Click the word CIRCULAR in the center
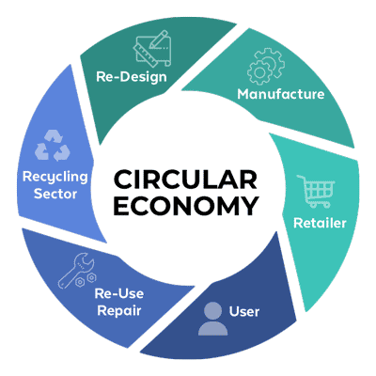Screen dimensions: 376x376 185,180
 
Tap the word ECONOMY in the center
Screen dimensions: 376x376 186,206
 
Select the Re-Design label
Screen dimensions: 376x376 132,77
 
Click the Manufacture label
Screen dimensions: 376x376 281,94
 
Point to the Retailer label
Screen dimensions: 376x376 320,223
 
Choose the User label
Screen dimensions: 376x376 244,312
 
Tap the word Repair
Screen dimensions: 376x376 119,311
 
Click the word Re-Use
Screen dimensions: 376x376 119,293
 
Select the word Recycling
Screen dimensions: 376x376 55,178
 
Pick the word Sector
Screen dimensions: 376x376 55,194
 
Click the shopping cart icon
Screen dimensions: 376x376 316,191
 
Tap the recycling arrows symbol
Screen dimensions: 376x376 52,145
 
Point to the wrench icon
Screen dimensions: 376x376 76,271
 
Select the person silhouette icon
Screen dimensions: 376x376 213,319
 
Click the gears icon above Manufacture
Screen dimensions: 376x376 266,67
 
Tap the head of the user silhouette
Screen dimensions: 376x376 213,310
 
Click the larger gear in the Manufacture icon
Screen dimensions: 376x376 259,72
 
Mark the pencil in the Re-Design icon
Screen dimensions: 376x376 159,39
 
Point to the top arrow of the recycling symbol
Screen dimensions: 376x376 54,136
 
